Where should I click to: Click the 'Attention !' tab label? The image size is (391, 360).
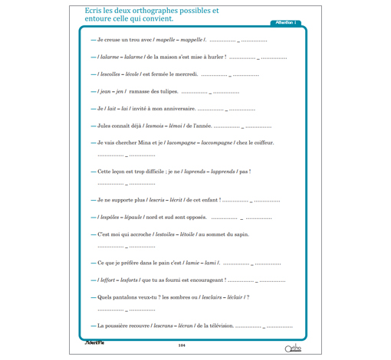[x=284, y=23]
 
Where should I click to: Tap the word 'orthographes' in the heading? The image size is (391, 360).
[x=165, y=11]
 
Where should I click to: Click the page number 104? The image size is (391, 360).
[x=182, y=345]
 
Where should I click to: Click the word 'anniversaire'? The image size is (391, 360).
[x=166, y=109]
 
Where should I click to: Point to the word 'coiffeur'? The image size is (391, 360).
[x=259, y=142]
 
